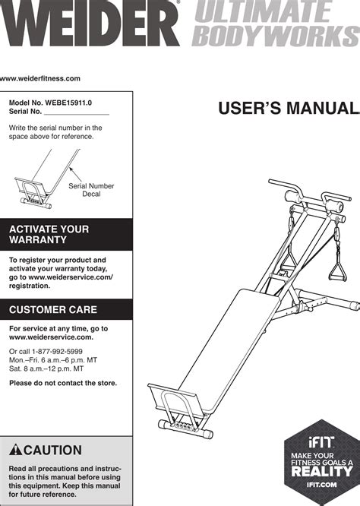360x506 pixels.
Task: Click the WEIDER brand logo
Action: [90, 24]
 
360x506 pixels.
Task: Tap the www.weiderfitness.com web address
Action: [40, 78]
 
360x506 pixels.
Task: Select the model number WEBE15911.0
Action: [68, 103]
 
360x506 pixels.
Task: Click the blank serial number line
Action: [77, 114]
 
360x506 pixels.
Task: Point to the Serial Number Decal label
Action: [91, 190]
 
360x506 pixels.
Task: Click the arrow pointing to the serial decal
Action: [75, 174]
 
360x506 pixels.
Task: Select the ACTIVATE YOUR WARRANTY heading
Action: [49, 234]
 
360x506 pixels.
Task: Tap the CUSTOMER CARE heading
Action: [53, 309]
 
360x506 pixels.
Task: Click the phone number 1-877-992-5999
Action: [57, 352]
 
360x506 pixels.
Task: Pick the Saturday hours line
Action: [46, 368]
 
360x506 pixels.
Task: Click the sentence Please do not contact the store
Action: [63, 383]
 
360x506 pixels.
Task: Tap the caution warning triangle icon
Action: [15, 450]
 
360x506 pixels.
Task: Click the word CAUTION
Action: [52, 450]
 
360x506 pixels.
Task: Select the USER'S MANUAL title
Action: [289, 108]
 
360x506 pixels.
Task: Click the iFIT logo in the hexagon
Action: [321, 442]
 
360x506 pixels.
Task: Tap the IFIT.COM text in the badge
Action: [321, 485]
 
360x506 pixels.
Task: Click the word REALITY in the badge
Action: [321, 472]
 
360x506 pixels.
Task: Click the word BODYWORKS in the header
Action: [276, 36]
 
